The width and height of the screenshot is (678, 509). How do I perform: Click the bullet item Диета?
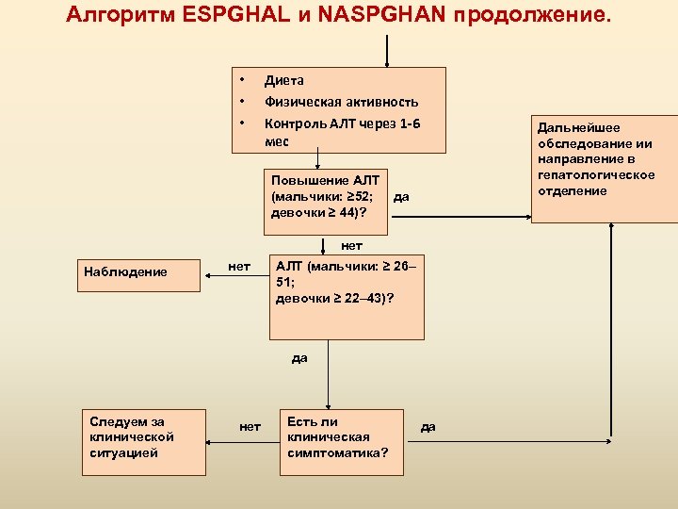[x=283, y=81]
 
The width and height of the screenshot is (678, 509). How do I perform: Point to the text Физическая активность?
[x=341, y=102]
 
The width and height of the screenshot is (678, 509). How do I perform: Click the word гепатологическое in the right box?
[x=596, y=176]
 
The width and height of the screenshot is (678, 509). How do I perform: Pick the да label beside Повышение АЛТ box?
[x=402, y=197]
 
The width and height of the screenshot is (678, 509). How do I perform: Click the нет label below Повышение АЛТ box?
[x=351, y=245]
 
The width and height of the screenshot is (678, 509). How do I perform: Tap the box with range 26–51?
[x=347, y=297]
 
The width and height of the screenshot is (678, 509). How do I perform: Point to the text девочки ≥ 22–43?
[x=333, y=299]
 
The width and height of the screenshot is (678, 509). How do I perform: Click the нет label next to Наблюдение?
[x=239, y=267]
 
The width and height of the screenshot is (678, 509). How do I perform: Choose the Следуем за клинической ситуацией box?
[x=143, y=441]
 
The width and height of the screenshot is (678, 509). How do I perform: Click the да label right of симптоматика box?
[x=428, y=427]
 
